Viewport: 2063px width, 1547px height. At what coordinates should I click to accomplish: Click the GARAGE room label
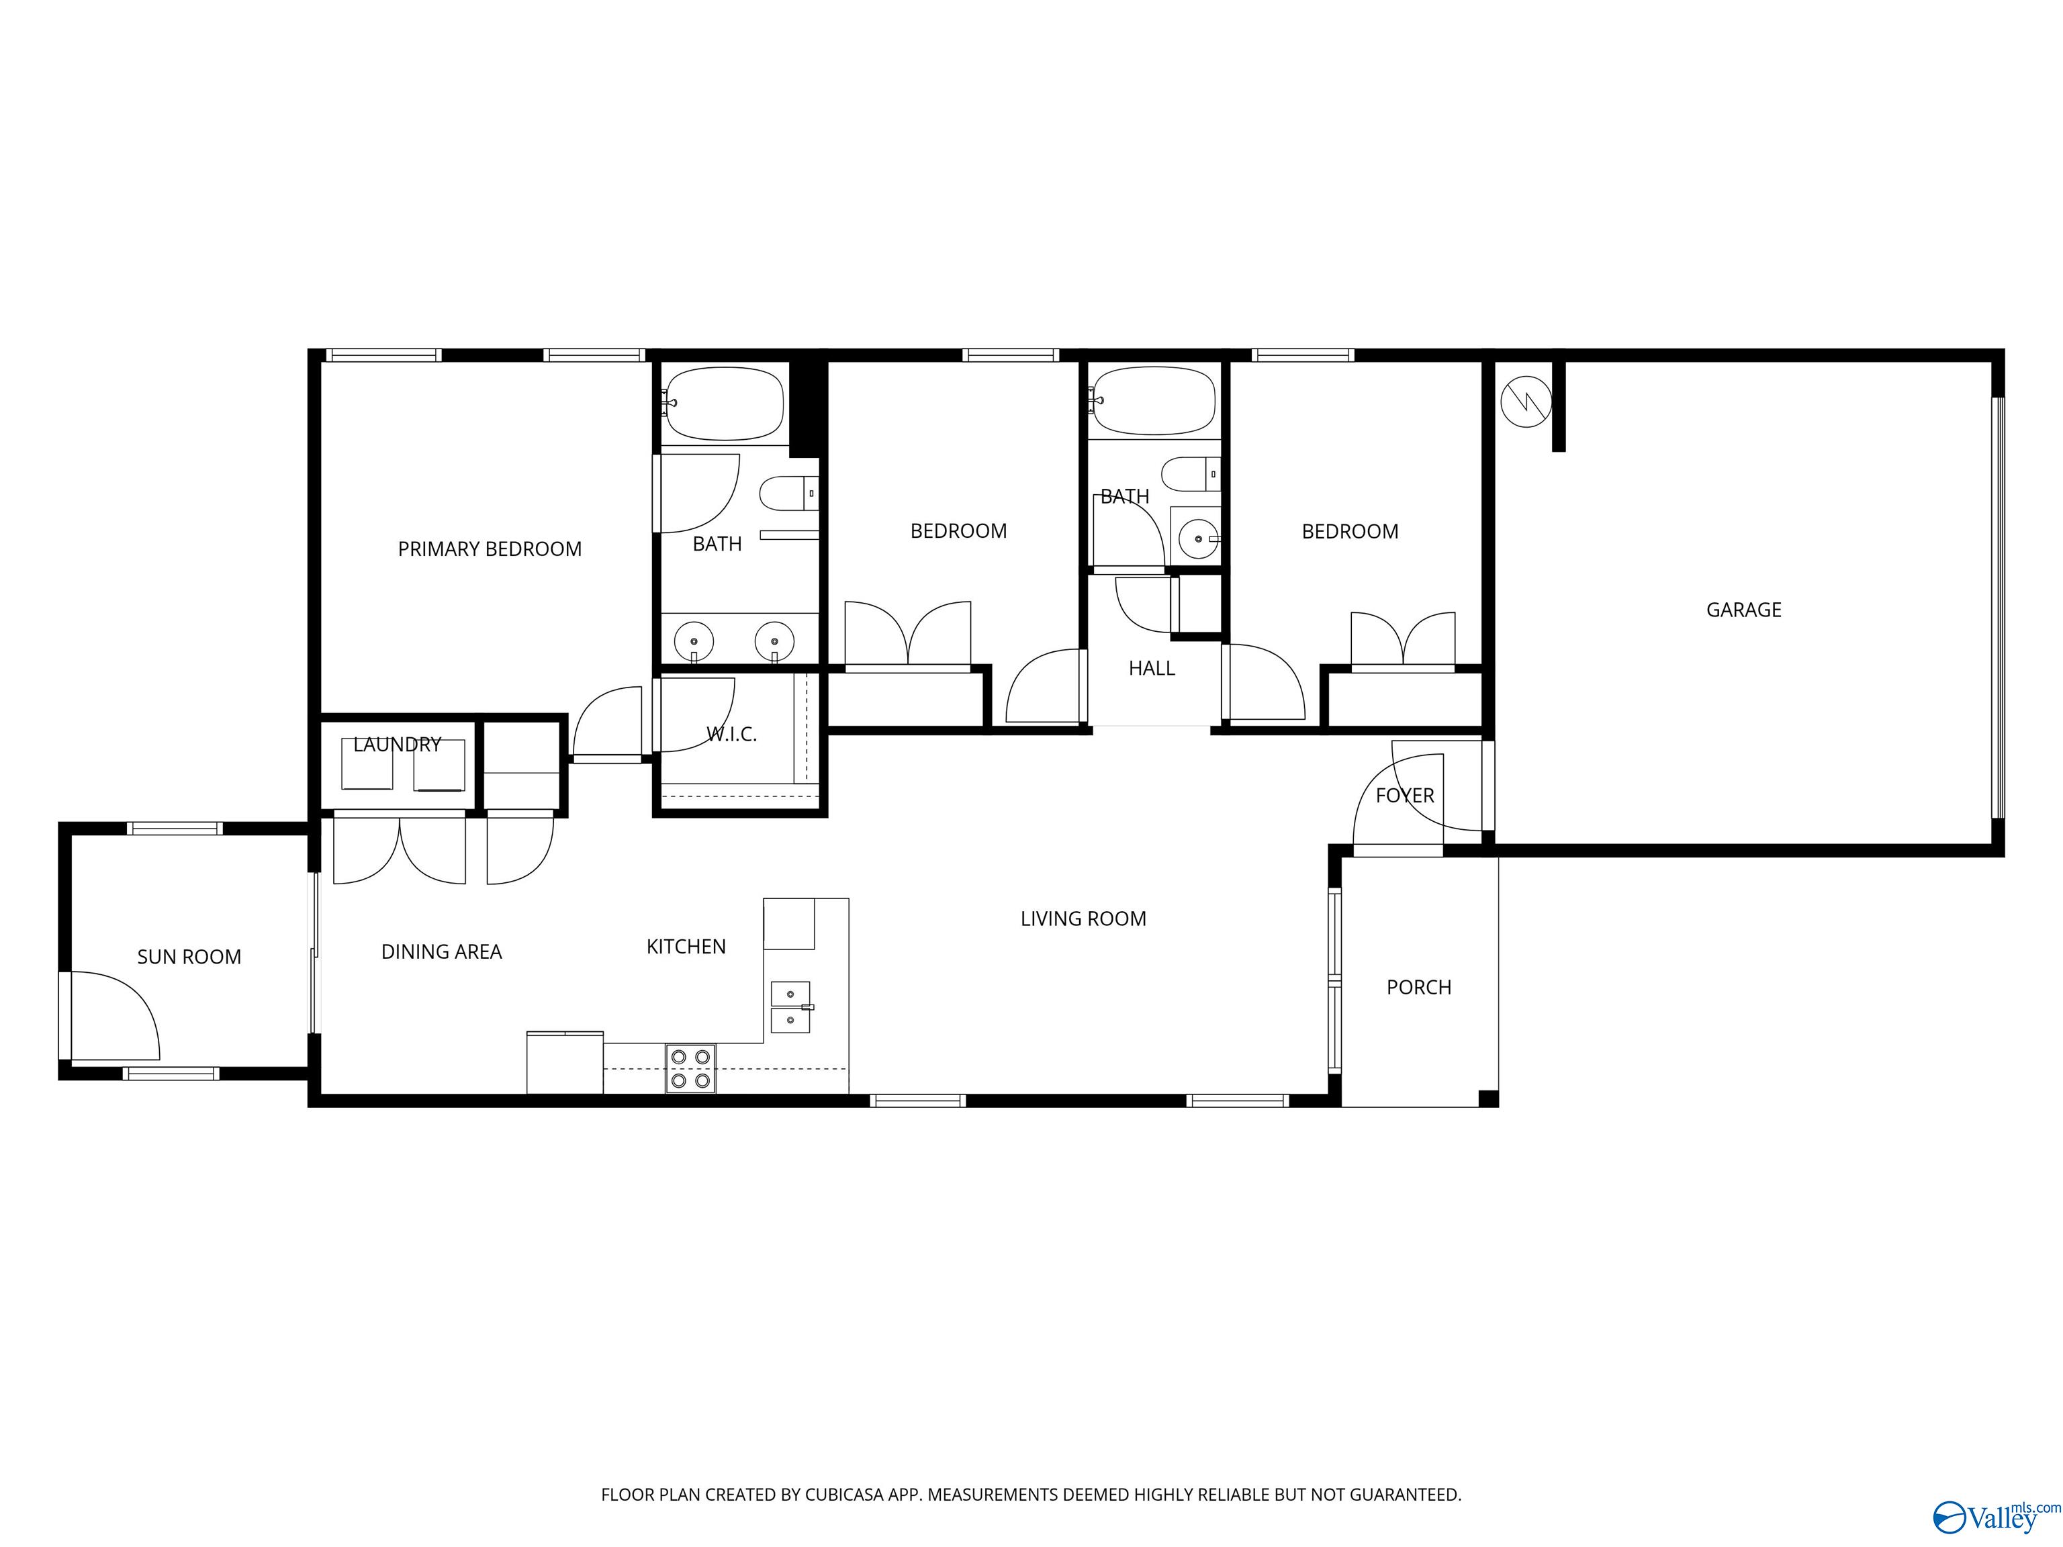(x=1743, y=610)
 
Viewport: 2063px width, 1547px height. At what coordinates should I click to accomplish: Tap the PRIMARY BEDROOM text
(x=490, y=549)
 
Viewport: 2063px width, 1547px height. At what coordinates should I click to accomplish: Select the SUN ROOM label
(x=189, y=957)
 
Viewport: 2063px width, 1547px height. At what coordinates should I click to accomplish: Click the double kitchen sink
(x=790, y=1007)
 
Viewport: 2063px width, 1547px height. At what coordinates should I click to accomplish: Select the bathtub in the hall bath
(x=1154, y=401)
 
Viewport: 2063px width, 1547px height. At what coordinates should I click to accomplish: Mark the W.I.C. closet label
(x=731, y=735)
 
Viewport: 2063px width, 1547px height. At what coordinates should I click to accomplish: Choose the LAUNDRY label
(x=398, y=744)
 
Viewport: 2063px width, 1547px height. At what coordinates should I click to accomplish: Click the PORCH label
(x=1418, y=988)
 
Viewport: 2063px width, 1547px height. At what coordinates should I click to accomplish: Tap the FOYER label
(x=1405, y=796)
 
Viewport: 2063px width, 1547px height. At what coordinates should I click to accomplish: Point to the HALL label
(x=1152, y=667)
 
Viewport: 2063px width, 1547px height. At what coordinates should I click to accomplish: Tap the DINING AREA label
(x=441, y=952)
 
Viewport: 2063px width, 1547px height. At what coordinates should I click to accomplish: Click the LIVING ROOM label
(x=1083, y=919)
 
